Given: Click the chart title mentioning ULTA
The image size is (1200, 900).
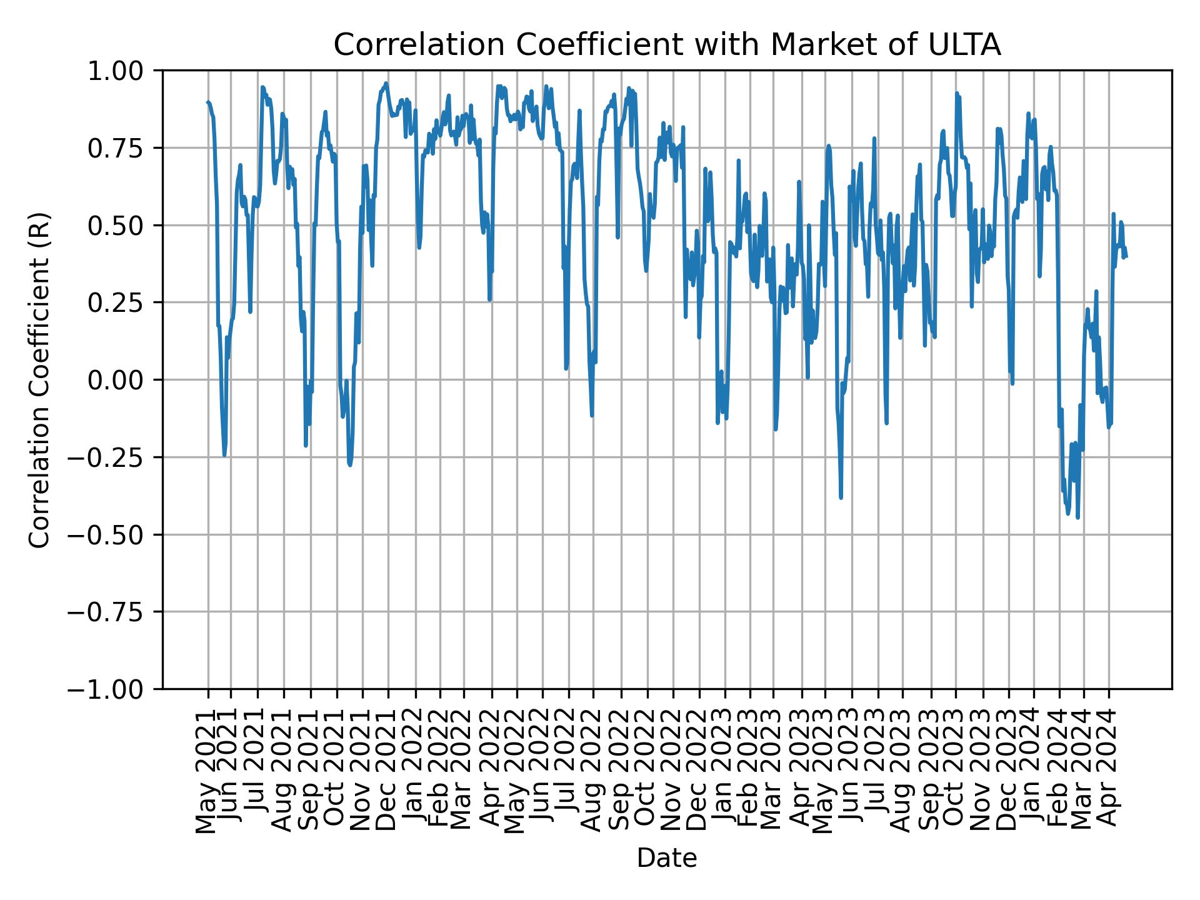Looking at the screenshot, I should point(667,46).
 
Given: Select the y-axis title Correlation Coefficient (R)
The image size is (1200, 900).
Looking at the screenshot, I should point(40,379).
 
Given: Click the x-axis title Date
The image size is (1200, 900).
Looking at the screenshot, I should point(667,859).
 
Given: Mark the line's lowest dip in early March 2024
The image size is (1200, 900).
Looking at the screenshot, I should point(1077,517).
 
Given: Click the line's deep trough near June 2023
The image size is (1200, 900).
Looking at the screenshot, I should point(841,497).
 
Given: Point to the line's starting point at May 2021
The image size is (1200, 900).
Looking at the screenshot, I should point(207,102).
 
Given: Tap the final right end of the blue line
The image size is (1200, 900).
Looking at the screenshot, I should point(1126,256).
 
